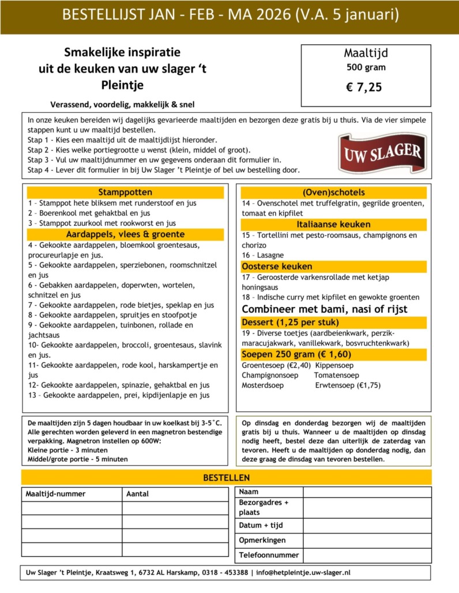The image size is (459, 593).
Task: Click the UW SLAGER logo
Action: pyautogui.click(x=382, y=153)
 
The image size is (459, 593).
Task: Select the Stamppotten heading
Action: pyautogui.click(x=125, y=192)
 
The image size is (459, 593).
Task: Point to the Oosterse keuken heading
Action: pyautogui.click(x=277, y=267)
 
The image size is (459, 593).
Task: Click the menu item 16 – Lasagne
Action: pyautogui.click(x=262, y=255)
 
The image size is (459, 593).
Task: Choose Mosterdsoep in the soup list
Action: pyautogui.click(x=262, y=385)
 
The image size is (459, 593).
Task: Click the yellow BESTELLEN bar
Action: pyautogui.click(x=226, y=477)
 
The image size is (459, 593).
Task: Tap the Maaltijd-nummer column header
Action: pyautogui.click(x=55, y=494)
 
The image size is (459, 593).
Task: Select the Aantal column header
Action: pyautogui.click(x=137, y=494)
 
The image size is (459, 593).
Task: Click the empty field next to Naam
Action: pyautogui.click(x=367, y=492)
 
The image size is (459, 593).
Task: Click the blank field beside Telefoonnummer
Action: pyautogui.click(x=367, y=556)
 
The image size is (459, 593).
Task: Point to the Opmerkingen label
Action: pyautogui.click(x=262, y=541)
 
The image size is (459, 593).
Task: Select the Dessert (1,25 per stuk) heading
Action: pyautogui.click(x=290, y=322)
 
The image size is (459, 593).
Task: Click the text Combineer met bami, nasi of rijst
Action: pyautogui.click(x=325, y=309)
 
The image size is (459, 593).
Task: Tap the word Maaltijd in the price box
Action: pyautogui.click(x=366, y=54)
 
